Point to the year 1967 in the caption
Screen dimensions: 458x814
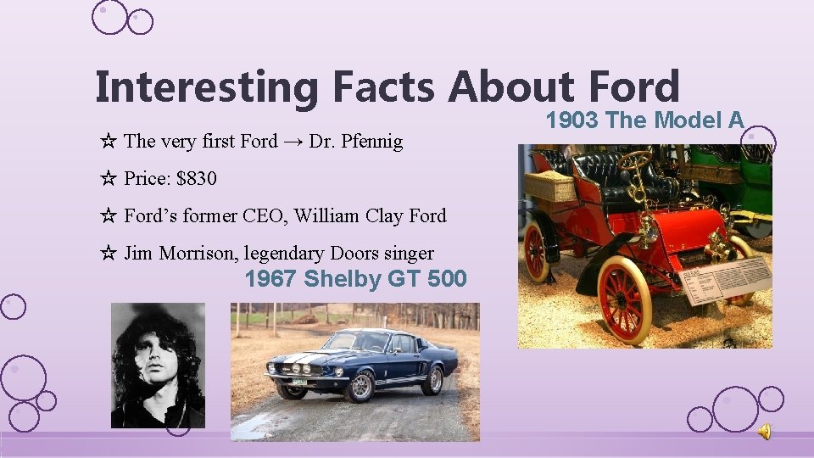pyautogui.click(x=270, y=278)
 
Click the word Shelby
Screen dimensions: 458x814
pyautogui.click(x=343, y=278)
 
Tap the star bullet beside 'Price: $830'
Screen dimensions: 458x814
pyautogui.click(x=108, y=178)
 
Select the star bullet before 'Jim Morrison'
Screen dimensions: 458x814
pyautogui.click(x=108, y=253)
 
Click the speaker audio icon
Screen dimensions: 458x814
pyautogui.click(x=764, y=432)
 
